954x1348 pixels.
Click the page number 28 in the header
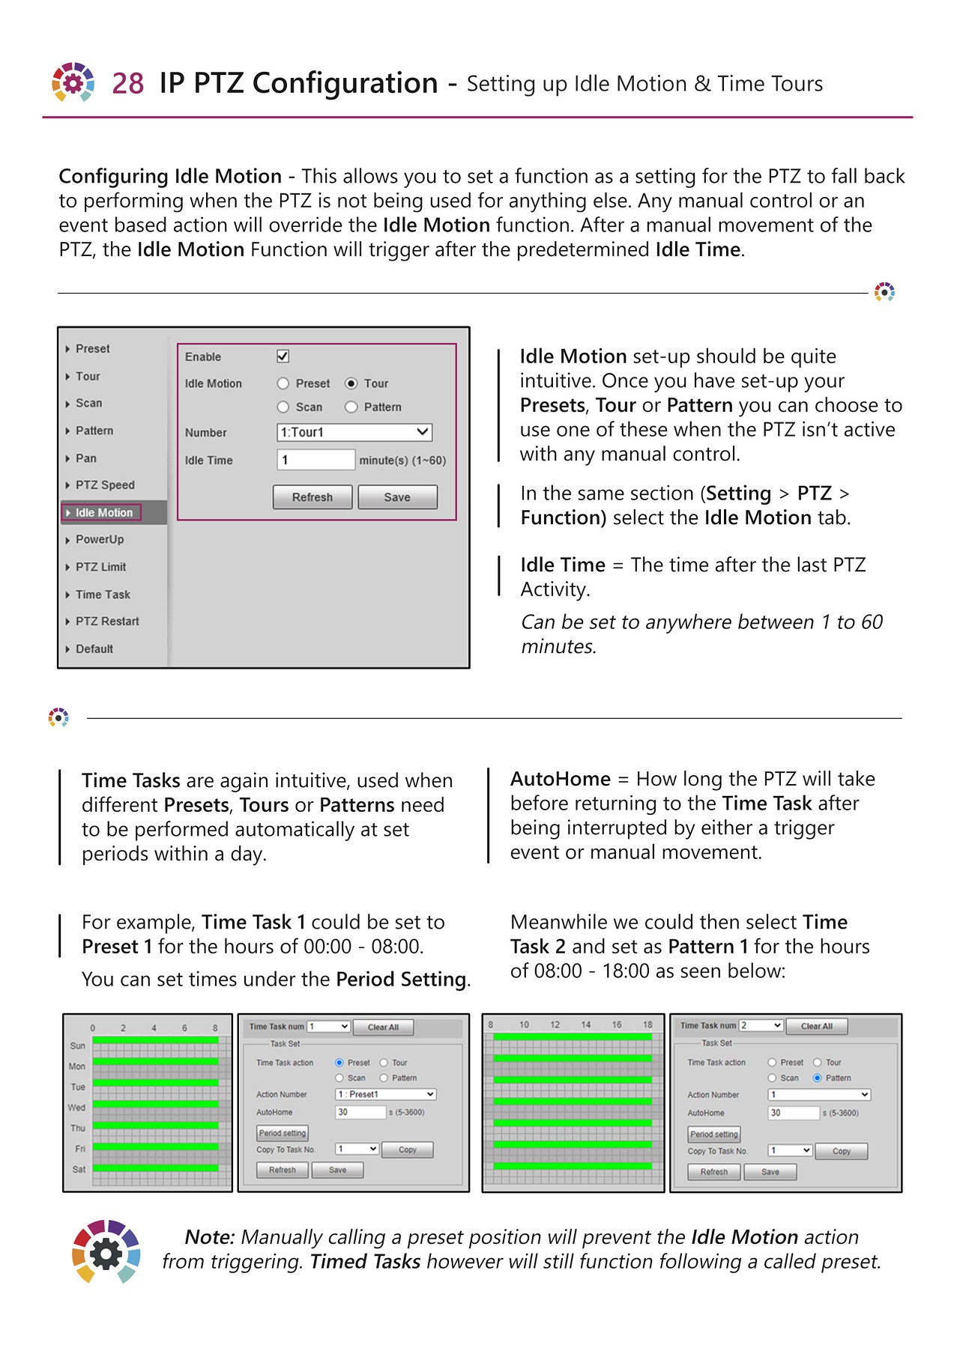[127, 83]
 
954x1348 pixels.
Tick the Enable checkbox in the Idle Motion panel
[283, 356]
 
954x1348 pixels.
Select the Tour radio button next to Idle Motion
[351, 383]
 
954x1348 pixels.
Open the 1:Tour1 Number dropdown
[354, 432]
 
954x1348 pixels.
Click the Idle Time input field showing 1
[315, 460]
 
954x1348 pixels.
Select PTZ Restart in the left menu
[106, 622]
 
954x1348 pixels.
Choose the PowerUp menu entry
[99, 539]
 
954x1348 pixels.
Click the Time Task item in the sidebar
[103, 595]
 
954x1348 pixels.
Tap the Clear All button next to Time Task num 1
[383, 1027]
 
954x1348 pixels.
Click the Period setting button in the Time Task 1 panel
[283, 1133]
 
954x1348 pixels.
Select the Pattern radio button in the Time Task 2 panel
[817, 1078]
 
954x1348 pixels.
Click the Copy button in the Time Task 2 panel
[841, 1151]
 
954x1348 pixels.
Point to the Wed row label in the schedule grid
[76, 1108]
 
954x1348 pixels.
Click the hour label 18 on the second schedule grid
[647, 1024]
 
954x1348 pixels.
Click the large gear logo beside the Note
[106, 1251]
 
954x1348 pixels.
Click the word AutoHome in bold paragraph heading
[560, 779]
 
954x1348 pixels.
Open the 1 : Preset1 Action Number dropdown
[385, 1094]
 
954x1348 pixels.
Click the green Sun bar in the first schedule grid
[155, 1040]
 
